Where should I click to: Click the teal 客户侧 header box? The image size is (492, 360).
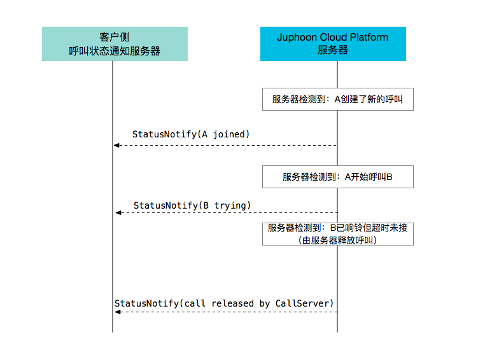(115, 44)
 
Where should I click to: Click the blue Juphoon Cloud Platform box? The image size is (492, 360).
(333, 44)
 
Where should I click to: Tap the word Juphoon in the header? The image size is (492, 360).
(297, 38)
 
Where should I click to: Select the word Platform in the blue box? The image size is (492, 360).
(369, 37)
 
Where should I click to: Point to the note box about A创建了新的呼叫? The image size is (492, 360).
(338, 99)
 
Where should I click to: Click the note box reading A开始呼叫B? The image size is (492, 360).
(338, 177)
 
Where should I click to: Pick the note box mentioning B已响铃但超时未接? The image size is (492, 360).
(338, 234)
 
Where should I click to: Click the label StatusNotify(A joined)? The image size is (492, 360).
(191, 135)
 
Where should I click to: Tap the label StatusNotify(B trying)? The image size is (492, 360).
(192, 205)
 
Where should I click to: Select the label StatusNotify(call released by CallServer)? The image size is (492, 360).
(223, 303)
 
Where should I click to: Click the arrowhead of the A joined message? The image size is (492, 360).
(116, 145)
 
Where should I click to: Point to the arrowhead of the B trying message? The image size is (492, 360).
(118, 213)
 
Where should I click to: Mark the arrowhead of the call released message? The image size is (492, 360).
(118, 312)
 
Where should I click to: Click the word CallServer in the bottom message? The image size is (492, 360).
(302, 303)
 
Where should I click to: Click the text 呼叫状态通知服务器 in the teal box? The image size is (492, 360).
(115, 51)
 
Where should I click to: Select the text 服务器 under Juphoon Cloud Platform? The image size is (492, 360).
(333, 50)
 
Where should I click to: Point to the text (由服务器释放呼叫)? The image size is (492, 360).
(337, 240)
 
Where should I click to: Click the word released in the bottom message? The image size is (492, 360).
(232, 303)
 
